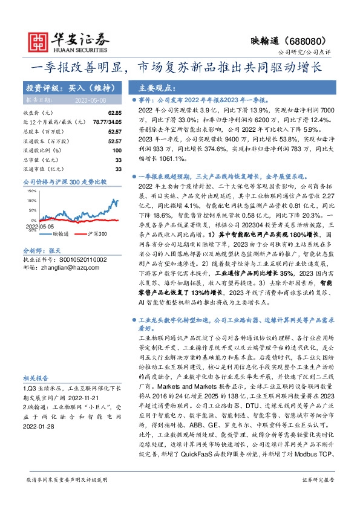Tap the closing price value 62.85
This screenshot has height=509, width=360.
pyautogui.click(x=115, y=113)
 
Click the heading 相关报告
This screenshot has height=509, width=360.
pyautogui.click(x=36, y=375)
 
